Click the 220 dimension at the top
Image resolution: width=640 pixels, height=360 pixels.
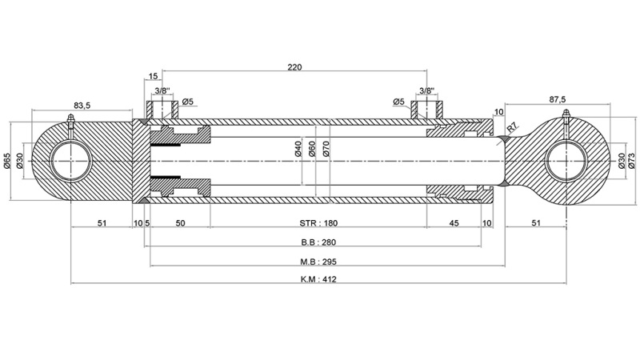[294, 68]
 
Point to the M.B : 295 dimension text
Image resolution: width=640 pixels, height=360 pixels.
[318, 261]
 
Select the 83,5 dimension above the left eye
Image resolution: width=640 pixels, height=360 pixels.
[82, 105]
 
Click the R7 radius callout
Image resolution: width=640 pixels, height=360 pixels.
[512, 127]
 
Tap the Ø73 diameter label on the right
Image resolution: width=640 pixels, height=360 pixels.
[631, 161]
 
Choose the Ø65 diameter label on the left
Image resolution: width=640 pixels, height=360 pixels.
[7, 160]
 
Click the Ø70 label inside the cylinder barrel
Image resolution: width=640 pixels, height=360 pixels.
[326, 150]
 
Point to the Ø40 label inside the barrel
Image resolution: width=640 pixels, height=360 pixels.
[298, 150]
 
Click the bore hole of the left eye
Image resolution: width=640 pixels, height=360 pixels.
[71, 161]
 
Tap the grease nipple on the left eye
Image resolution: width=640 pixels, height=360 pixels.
[70, 122]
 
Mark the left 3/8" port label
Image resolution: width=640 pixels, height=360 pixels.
[162, 90]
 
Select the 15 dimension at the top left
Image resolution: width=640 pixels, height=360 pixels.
[153, 77]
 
